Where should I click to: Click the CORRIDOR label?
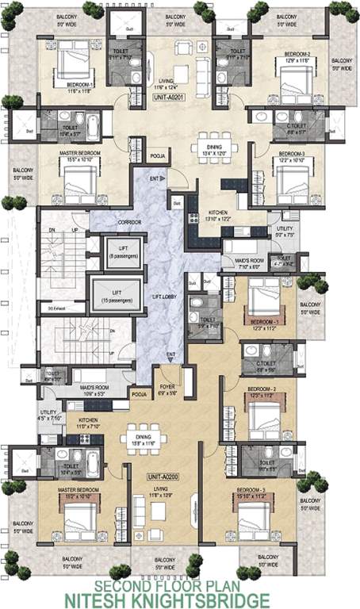click(x=128, y=224)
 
